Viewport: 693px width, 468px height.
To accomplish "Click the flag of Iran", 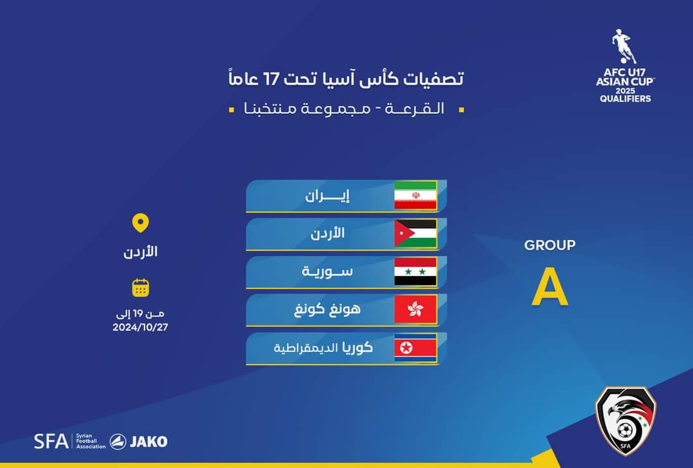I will coord(415,195).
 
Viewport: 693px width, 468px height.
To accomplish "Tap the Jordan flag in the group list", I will coord(415,233).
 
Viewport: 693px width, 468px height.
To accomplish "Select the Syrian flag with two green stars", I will coord(415,272).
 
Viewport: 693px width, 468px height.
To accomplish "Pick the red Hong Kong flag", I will coord(415,309).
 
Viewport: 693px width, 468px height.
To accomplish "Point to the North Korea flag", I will coord(415,348).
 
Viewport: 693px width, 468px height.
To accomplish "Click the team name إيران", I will coord(327,196).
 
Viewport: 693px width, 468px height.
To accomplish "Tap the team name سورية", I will coord(328,272).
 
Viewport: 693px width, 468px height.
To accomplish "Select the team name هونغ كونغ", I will coord(327,309).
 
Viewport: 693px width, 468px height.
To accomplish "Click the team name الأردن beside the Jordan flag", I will coord(328,233).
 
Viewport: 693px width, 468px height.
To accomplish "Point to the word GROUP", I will coord(550,245).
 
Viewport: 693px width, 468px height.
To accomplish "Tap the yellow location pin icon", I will coord(141,223).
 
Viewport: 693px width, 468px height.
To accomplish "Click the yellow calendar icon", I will coord(141,288).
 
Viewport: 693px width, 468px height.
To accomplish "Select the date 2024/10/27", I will coord(141,327).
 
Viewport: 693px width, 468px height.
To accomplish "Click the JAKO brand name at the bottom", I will coord(148,442).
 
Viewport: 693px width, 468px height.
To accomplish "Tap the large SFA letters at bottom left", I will coord(51,442).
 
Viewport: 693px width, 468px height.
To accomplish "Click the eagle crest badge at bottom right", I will coord(625,420).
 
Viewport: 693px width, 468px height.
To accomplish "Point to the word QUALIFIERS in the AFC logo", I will coord(625,99).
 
